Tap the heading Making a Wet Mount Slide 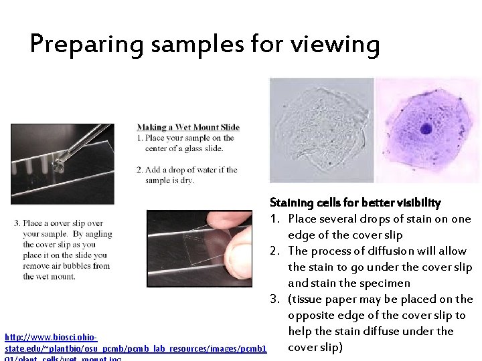188,127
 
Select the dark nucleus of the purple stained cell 426,129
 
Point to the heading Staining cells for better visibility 355,203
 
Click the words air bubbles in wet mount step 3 74,265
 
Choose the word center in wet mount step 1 151,148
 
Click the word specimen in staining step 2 387,283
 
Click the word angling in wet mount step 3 97,234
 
